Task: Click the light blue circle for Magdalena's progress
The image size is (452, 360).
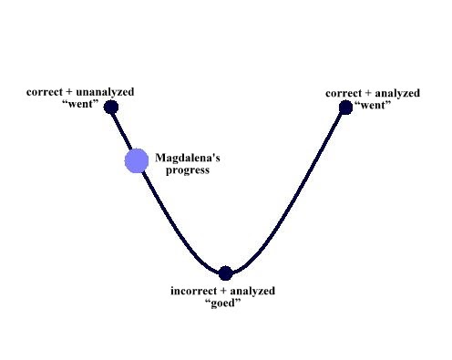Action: (137, 160)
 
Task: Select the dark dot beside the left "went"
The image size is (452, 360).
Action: (111, 108)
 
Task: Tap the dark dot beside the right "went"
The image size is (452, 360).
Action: (345, 108)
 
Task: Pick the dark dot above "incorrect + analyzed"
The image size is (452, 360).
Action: (226, 273)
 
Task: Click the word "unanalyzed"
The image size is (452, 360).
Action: (105, 92)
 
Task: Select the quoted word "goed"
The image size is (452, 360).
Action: (223, 303)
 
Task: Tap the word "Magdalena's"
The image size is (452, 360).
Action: (188, 158)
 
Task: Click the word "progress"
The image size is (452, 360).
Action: (188, 170)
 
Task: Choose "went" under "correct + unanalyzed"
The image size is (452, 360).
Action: (80, 104)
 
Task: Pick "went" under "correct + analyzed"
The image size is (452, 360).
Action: (373, 105)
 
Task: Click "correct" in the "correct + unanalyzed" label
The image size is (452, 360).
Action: (45, 92)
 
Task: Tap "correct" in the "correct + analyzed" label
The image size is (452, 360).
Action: (344, 93)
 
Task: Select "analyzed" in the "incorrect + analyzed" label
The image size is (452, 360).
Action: (252, 291)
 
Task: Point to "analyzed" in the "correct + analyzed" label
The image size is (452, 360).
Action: (397, 93)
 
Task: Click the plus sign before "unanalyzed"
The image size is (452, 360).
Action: (69, 92)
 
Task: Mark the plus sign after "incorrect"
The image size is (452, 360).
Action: (223, 291)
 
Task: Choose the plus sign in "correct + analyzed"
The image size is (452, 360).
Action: (368, 94)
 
